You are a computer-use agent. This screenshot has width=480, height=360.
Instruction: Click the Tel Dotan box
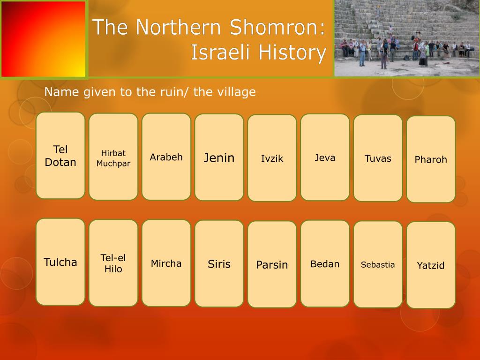point(60,156)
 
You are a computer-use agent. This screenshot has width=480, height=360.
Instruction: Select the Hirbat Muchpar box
point(113,157)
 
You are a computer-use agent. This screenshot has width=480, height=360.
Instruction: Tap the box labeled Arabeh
point(166,157)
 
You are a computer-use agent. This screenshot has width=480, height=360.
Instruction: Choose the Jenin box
point(219,157)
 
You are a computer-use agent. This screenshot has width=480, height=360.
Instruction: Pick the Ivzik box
point(272,158)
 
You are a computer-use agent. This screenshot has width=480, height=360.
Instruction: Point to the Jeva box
point(325,157)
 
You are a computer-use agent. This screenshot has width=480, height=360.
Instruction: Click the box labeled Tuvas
point(378,158)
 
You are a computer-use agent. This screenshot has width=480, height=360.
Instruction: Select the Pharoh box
point(431,159)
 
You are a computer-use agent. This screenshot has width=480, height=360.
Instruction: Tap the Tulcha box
point(60,262)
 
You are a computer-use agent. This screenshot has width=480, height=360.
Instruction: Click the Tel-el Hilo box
point(113,263)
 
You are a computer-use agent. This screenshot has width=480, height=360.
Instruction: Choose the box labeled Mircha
point(166,263)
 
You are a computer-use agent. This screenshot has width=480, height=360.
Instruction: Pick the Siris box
point(219,264)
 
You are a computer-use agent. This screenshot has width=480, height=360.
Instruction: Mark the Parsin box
point(272,265)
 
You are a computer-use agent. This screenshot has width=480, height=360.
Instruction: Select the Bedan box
point(325,264)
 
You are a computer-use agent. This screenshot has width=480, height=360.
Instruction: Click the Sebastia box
point(378,265)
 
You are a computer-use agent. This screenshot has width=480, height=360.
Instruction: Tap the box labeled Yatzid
point(431,265)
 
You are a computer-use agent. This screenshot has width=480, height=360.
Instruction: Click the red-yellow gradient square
point(44,39)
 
